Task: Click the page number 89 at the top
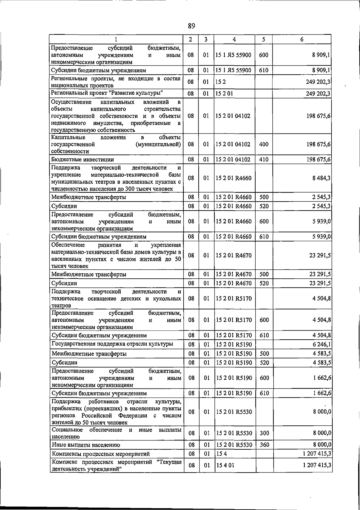[x=191, y=26]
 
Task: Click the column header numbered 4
[x=234, y=39]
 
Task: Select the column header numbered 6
[x=302, y=39]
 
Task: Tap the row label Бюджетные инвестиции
[x=82, y=159]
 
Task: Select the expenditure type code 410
[x=264, y=159]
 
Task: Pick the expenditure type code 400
[x=264, y=144]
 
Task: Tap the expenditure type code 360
[x=264, y=445]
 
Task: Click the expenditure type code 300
[x=264, y=433]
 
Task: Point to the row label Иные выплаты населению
[x=86, y=445]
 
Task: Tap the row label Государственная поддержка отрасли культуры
[x=112, y=344]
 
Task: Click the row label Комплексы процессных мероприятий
[x=101, y=454]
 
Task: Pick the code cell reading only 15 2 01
[x=224, y=93]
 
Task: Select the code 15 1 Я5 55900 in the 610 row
[x=233, y=70]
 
